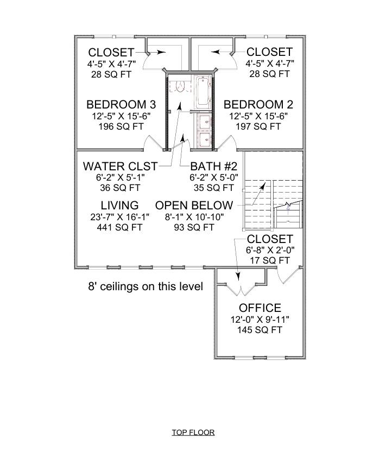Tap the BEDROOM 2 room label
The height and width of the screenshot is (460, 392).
coord(258,104)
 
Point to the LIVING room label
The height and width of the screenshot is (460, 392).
coord(119,206)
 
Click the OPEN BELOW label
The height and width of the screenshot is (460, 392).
coord(194,206)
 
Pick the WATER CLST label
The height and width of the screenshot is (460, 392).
coord(120,166)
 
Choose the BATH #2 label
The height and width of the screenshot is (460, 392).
coord(212,166)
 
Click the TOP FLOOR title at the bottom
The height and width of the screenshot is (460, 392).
coord(193,432)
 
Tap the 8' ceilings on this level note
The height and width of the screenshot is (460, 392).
coord(146,286)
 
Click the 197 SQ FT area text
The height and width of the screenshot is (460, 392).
coord(258,126)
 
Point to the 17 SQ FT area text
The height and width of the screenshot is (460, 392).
coord(270,260)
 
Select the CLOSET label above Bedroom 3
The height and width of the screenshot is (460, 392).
coord(111,52)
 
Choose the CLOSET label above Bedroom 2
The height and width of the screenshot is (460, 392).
coord(269,52)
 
